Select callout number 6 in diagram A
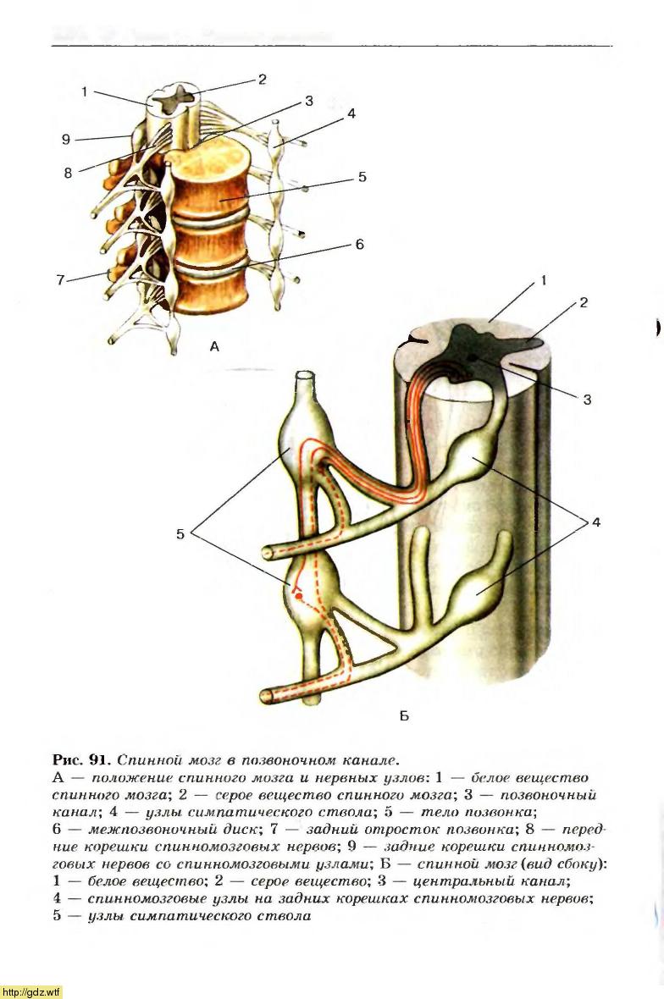coord(359,245)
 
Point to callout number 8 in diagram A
coord(68,173)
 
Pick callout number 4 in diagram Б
coord(595,522)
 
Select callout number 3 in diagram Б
coord(586,400)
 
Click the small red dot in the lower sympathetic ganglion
coord(298,597)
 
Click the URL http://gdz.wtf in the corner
coord(31,991)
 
